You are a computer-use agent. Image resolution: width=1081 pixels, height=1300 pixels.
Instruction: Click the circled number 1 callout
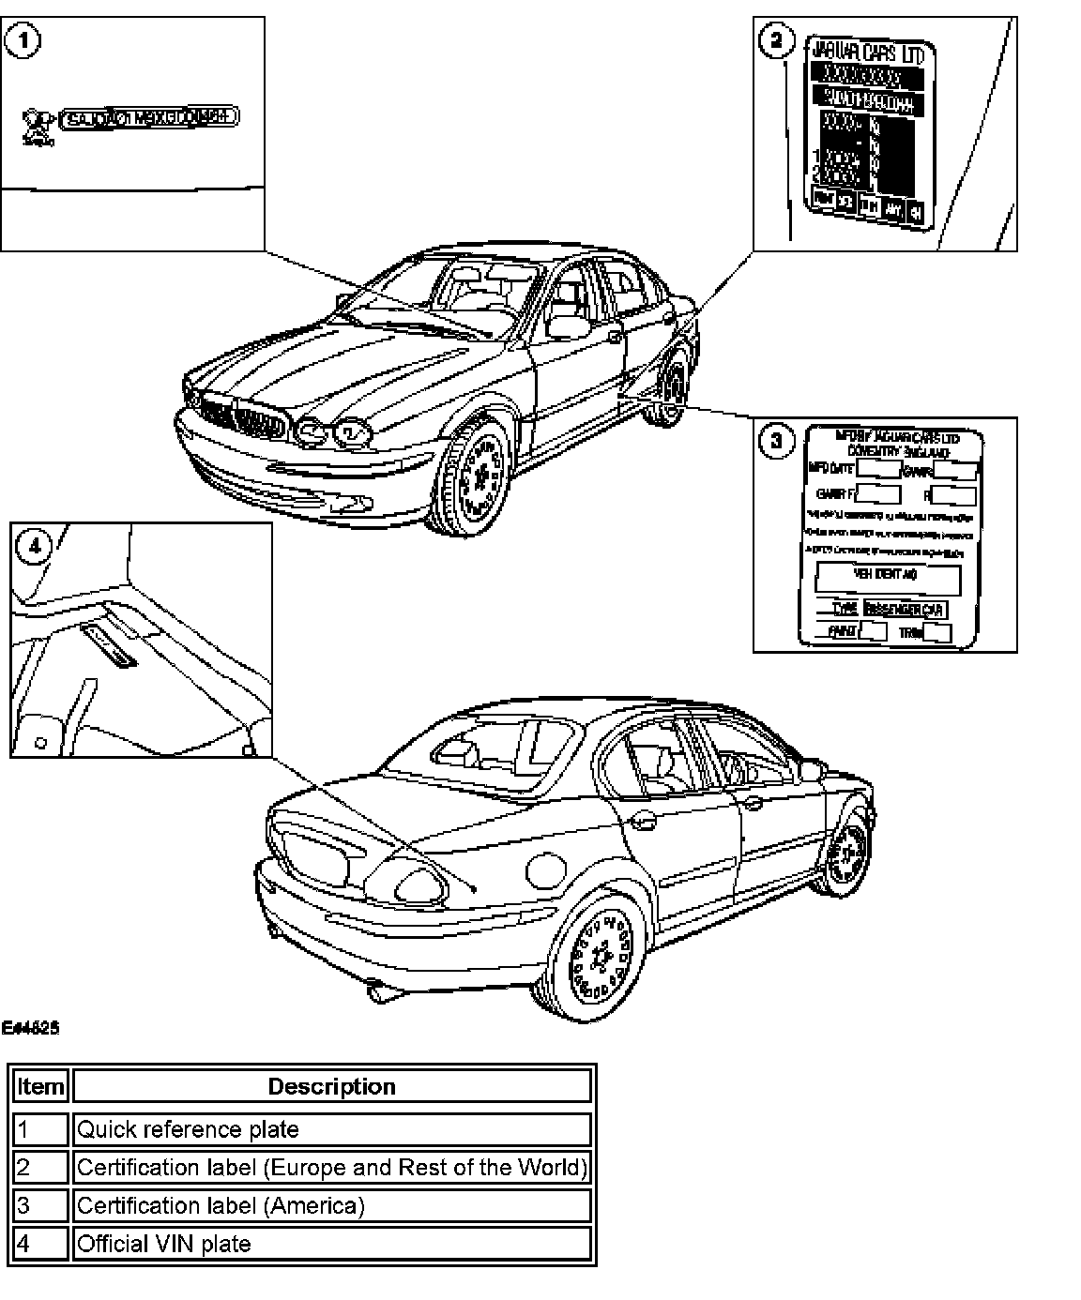click(x=22, y=41)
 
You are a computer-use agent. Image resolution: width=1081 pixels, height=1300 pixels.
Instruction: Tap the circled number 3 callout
click(x=776, y=441)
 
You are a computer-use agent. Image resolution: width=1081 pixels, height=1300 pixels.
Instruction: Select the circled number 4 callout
click(x=35, y=546)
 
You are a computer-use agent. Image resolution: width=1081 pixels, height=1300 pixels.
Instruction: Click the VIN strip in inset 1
click(x=149, y=118)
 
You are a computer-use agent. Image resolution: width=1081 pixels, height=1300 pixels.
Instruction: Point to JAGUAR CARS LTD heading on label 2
click(x=866, y=53)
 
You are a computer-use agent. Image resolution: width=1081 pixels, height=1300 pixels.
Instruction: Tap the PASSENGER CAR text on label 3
click(x=905, y=610)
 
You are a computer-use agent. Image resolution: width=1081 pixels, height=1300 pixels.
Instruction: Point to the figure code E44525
click(x=30, y=1028)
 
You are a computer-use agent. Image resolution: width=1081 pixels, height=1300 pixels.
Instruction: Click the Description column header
click(x=332, y=1087)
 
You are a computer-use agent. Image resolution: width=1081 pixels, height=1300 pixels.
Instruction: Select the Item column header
click(x=40, y=1087)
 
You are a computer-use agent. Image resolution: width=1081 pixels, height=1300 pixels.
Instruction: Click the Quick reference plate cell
click(x=332, y=1129)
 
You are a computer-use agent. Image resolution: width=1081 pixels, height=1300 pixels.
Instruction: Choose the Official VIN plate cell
click(x=332, y=1244)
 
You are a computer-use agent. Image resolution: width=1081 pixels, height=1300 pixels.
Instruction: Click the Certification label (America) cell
click(x=332, y=1205)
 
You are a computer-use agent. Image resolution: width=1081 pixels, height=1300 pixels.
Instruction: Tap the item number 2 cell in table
click(x=40, y=1168)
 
